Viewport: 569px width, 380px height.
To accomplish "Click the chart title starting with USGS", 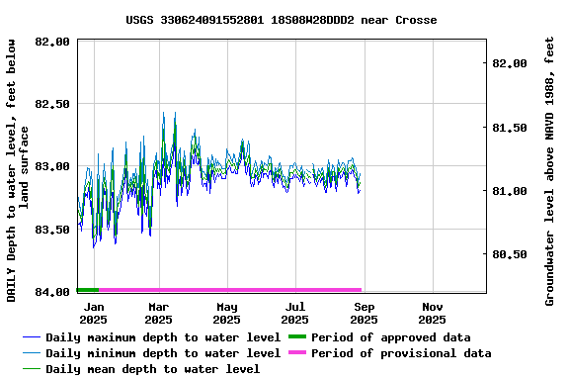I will pos(282,20).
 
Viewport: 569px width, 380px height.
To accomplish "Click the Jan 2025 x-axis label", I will pos(93,313).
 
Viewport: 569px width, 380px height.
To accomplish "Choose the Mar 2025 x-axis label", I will pos(158,313).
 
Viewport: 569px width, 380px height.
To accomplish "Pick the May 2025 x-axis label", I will pos(227,313).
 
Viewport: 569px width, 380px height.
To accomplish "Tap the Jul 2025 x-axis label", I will pos(294,313).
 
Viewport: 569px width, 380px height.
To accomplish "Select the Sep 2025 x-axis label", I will pos(364,313).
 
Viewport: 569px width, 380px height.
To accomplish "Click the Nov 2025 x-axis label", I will pos(432,313).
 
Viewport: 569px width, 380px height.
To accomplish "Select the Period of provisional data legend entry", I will pos(400,353).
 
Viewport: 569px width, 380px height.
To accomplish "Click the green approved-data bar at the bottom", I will pos(88,290).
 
